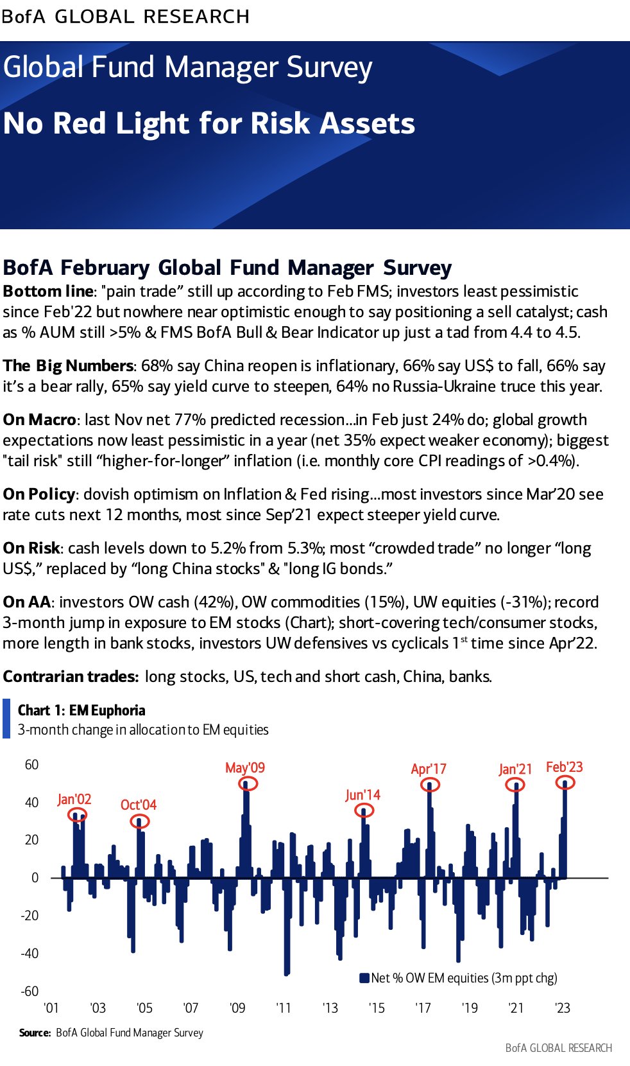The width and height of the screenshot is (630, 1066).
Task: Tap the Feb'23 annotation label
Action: coord(565,767)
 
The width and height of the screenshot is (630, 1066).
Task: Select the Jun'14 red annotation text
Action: coord(362,795)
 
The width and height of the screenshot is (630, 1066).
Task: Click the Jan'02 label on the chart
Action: coord(74,799)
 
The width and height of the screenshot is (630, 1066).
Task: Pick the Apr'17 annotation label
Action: coord(429,769)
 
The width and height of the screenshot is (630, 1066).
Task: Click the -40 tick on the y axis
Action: coord(30,953)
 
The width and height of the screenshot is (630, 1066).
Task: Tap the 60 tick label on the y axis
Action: coord(32,765)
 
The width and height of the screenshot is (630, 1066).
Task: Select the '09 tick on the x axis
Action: coord(237,1008)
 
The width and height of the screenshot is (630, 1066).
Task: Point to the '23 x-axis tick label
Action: coord(563,1008)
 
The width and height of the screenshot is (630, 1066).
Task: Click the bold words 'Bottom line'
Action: coord(47,292)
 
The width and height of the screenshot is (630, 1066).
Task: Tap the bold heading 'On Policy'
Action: coord(39,494)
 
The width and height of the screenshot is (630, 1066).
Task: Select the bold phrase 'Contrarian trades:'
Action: coord(71,676)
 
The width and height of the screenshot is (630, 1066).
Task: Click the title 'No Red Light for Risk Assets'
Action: coord(209,123)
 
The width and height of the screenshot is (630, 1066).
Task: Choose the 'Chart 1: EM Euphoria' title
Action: coord(81,710)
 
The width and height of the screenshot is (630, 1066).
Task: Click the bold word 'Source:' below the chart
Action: coord(35,1033)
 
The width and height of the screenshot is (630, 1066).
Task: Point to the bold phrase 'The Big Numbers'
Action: coord(68,365)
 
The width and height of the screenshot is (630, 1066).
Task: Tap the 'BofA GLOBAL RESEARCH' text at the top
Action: coord(126,17)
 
